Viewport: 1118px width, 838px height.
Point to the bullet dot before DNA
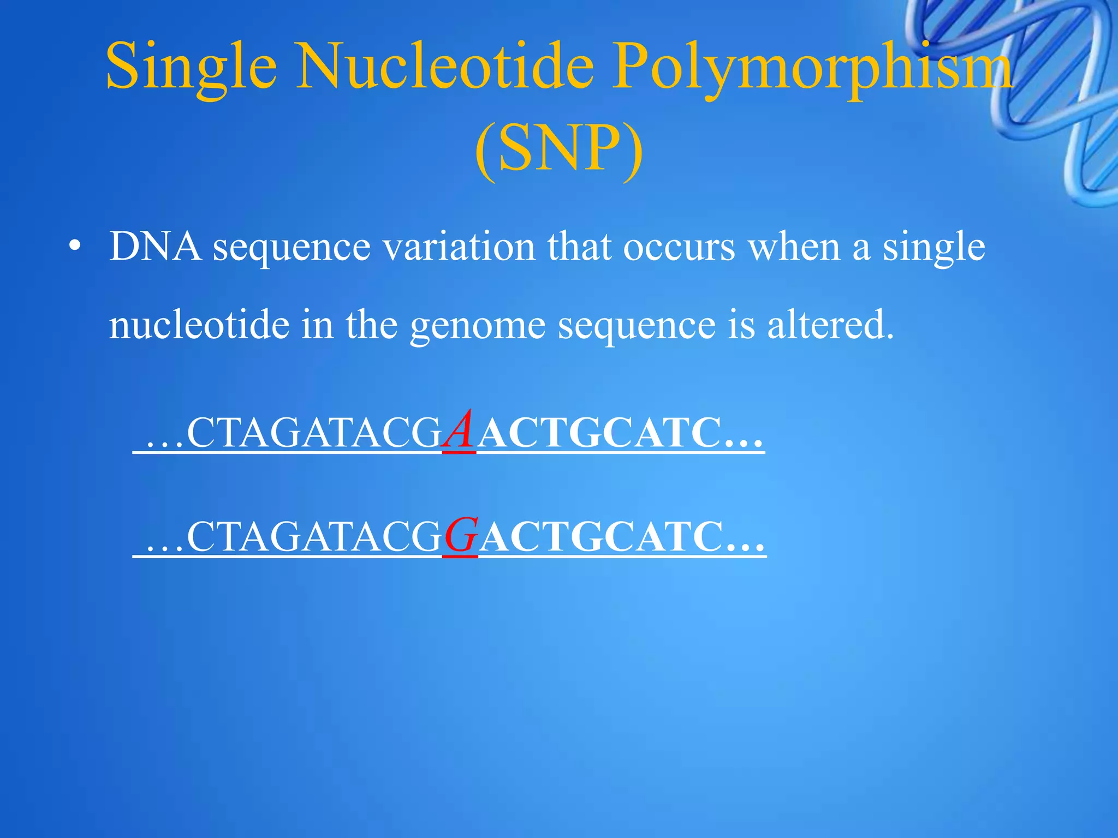(75, 247)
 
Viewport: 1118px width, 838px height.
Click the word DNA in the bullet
(154, 247)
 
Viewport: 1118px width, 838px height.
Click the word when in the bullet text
(794, 247)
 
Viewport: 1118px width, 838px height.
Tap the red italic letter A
(459, 431)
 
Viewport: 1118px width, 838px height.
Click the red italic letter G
(461, 536)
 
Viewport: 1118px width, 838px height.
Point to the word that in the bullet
(579, 247)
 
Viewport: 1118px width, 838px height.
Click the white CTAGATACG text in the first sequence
(314, 433)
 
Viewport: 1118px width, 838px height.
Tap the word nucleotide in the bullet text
(199, 325)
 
